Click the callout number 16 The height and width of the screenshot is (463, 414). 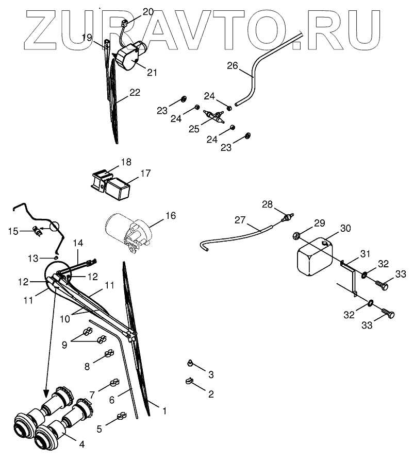(x=170, y=215)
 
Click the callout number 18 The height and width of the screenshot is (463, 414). (x=126, y=162)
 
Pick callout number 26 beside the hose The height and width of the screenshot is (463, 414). (x=233, y=66)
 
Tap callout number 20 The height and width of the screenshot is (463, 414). (x=147, y=11)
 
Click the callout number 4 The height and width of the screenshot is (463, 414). (x=81, y=443)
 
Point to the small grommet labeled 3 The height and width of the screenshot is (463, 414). (x=190, y=364)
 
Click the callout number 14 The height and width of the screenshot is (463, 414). (x=77, y=243)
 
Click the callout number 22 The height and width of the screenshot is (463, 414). (x=135, y=93)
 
